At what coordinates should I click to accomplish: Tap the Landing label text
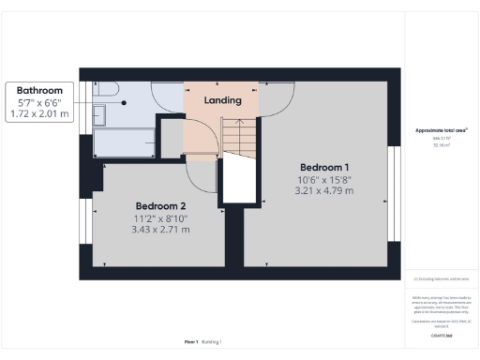click(x=223, y=99)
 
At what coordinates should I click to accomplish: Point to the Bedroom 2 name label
click(x=160, y=205)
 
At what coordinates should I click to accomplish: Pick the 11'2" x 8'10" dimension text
click(x=160, y=217)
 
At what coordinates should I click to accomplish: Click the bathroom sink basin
click(x=100, y=116)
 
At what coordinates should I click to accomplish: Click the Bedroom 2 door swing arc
click(x=202, y=173)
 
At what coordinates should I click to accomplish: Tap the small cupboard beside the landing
click(x=172, y=139)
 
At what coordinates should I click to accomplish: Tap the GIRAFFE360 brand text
click(x=440, y=335)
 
